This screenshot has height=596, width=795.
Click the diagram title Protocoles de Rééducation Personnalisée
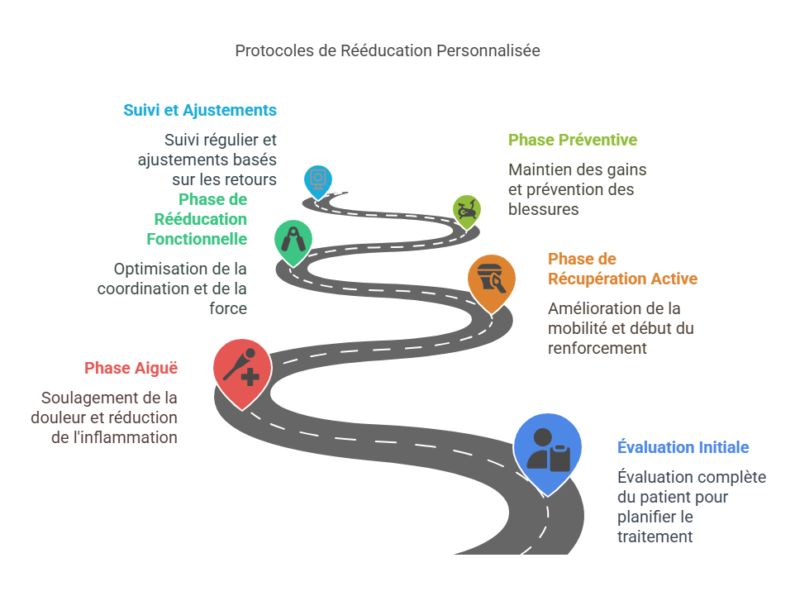pyautogui.click(x=387, y=50)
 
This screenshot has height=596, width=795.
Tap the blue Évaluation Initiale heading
pyautogui.click(x=683, y=447)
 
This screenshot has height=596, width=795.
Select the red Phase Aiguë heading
pyautogui.click(x=131, y=368)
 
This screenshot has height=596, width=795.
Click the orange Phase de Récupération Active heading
pyautogui.click(x=622, y=269)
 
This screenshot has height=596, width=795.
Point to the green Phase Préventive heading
pyautogui.click(x=572, y=140)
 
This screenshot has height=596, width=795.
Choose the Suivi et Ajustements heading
pyautogui.click(x=200, y=110)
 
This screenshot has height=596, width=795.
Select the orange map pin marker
pyautogui.click(x=492, y=279)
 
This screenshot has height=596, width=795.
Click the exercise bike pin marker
pyautogui.click(x=467, y=210)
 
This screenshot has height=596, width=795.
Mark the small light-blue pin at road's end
pyautogui.click(x=318, y=178)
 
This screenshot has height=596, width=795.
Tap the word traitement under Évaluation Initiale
pyautogui.click(x=655, y=536)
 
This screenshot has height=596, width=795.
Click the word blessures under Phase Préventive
pyautogui.click(x=543, y=209)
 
